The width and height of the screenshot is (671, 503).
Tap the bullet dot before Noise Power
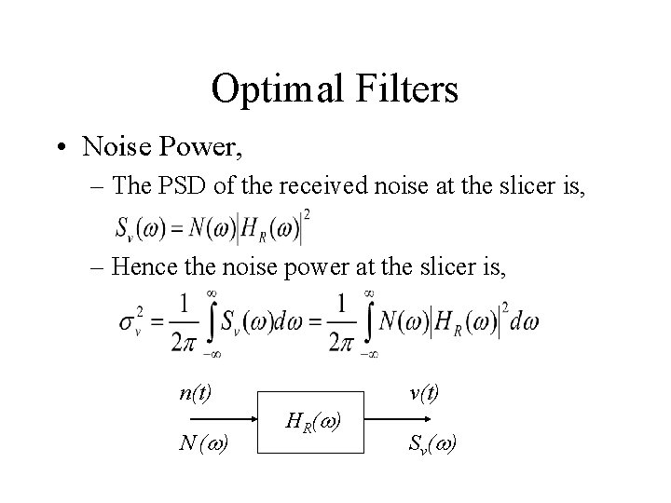tap(61, 147)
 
